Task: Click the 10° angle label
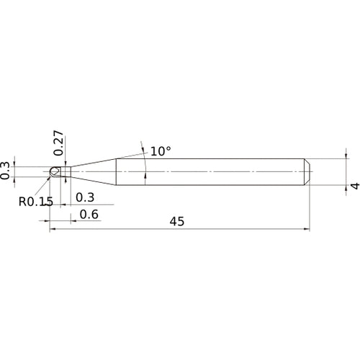point(161,151)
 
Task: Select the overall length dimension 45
point(177,222)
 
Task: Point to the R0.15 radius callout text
point(35,201)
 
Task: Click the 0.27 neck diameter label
point(59,143)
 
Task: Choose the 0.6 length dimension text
point(89,214)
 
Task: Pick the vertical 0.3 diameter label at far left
point(6,171)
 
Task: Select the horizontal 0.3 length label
point(84,197)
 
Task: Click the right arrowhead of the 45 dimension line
point(307,230)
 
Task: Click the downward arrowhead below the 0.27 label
point(64,164)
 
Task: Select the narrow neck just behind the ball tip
point(63,172)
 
